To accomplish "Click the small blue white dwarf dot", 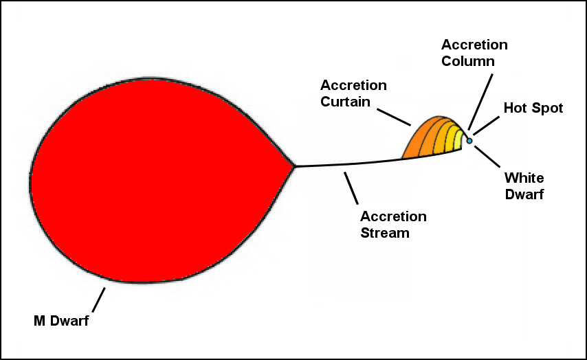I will coord(469,141).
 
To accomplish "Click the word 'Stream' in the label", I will coord(385,233).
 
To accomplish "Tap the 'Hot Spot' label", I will coord(533,108).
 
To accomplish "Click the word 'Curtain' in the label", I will coord(346,102).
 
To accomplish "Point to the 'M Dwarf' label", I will coord(62,321).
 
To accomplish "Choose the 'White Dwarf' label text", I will coord(524,186).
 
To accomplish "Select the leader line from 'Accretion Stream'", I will coord(352,188).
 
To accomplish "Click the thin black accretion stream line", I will coord(344,164).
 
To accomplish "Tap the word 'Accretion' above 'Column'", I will coord(474,45).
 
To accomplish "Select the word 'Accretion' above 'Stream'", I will coord(393,216).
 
